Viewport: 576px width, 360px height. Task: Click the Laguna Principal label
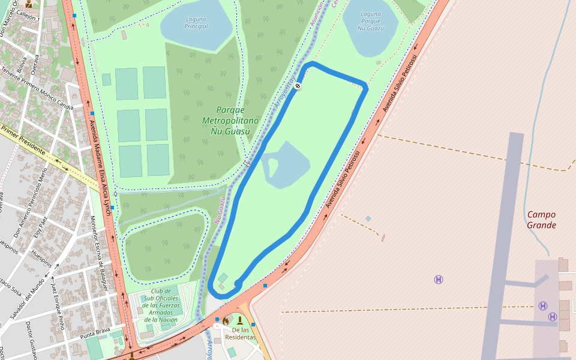coord(196,23)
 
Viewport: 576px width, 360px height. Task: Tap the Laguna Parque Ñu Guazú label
coord(370,21)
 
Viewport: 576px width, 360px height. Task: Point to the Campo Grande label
coord(541,220)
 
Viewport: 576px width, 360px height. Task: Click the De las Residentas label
coord(240,334)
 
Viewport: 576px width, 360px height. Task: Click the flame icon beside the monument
coord(226,321)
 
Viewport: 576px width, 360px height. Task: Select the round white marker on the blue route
coord(298,86)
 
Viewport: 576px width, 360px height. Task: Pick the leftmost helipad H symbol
coord(439,280)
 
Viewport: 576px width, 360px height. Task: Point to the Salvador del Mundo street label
coord(26,298)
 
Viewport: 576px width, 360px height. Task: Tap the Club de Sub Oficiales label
coord(161,305)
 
